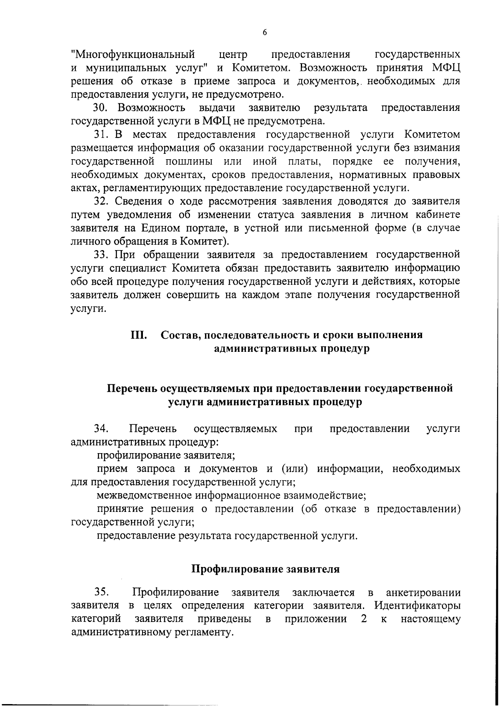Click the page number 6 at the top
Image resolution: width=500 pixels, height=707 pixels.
pos(265,33)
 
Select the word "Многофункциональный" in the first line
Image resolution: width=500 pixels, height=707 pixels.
pos(133,55)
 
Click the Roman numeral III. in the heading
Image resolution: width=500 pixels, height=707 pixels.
pos(139,335)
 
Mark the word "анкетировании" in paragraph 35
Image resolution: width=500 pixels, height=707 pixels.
pos(423,592)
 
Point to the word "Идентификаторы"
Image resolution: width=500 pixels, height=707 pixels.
pos(417,606)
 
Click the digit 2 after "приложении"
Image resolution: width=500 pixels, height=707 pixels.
pos(364,619)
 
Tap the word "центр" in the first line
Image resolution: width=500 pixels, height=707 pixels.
pos(233,55)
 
